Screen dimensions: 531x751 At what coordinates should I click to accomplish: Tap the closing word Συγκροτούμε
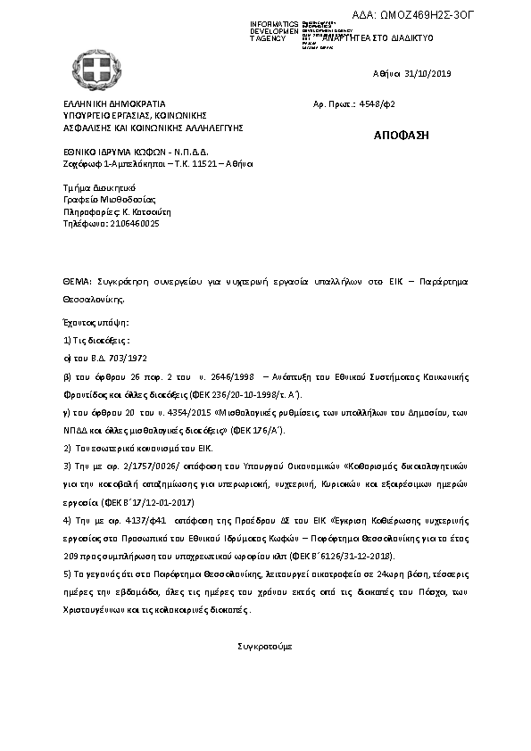coord(264,644)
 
